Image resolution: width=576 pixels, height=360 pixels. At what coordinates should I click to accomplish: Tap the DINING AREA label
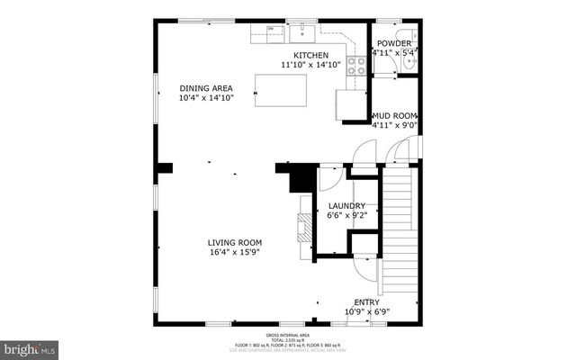click(x=206, y=87)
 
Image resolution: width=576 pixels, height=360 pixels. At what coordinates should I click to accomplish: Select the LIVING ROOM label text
click(x=235, y=242)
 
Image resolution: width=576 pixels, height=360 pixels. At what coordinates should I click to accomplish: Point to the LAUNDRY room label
click(x=346, y=206)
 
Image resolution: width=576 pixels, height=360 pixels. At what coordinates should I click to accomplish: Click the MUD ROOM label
click(x=395, y=115)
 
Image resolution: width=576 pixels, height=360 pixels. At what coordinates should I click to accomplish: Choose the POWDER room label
click(x=394, y=43)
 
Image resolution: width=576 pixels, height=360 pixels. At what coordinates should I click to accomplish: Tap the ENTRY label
click(x=367, y=302)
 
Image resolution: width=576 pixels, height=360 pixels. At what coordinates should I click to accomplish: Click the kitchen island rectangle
click(x=280, y=90)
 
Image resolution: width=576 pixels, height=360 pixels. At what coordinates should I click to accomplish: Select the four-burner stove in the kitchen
click(x=356, y=65)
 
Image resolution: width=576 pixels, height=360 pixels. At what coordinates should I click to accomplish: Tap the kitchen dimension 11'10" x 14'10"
click(x=310, y=65)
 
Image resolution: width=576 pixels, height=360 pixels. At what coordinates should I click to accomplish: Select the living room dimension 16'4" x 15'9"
click(x=235, y=252)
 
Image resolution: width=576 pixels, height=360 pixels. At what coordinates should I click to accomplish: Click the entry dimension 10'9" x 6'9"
click(x=367, y=312)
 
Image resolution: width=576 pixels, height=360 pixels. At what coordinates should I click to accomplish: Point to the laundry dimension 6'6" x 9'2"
click(x=346, y=216)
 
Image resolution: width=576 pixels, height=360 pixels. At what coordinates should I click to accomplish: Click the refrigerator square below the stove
click(x=349, y=103)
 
